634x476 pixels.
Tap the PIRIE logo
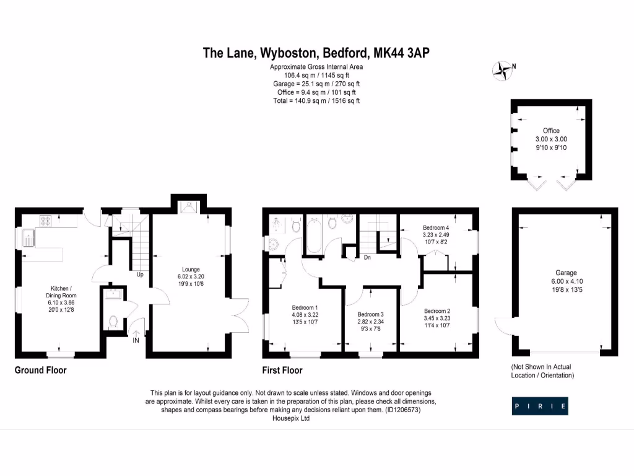point(540,407)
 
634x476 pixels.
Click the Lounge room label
point(190,270)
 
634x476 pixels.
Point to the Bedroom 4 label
point(436,227)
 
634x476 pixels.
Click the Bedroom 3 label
point(370,314)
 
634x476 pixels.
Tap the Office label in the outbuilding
point(551,131)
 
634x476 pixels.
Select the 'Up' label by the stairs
point(141,274)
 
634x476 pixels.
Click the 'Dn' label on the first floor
point(367,257)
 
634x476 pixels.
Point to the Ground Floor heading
point(40,370)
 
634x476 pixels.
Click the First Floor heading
point(282,370)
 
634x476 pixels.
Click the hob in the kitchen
point(45,219)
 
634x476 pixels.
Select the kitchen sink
point(28,236)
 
